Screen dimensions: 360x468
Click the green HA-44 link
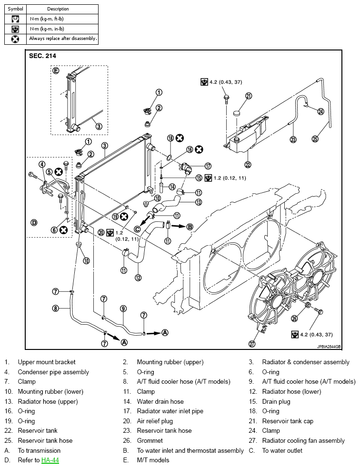coord(50,460)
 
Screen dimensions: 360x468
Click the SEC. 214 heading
coord(42,56)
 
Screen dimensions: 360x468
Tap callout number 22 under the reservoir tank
coord(248,164)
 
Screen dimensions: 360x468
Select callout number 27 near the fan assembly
coord(252,344)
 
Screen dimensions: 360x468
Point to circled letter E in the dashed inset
coord(56,71)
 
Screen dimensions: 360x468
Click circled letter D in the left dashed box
coord(34,223)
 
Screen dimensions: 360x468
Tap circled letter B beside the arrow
coord(190,227)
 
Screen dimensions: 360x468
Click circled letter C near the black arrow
coord(137,229)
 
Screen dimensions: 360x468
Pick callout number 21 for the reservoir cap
coord(249,96)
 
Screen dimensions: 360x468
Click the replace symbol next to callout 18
coord(180,138)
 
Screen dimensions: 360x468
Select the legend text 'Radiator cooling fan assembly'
coord(303,440)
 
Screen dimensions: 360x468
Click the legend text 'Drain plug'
coord(276,401)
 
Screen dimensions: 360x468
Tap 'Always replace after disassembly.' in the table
coord(63,39)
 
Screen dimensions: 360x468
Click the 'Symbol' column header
coord(16,9)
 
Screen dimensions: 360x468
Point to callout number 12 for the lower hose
coord(138,278)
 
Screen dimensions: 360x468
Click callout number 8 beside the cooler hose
coord(56,308)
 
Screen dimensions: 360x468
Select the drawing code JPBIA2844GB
coord(329,347)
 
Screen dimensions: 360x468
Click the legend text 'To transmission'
coord(39,450)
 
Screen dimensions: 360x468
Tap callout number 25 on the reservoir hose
coord(315,139)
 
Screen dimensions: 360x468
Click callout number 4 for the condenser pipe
coord(42,164)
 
